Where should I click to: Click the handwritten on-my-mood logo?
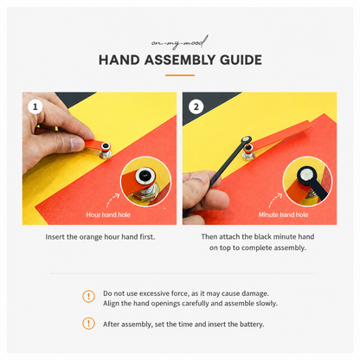tap(179, 42)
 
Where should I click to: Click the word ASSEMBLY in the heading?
tap(180, 60)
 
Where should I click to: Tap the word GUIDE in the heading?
tap(241, 60)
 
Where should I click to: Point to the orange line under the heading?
tap(180, 75)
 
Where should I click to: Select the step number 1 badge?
tap(35, 106)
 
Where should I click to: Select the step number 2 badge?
tap(196, 107)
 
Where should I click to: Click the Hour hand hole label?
tap(108, 215)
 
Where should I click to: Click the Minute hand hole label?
tap(283, 215)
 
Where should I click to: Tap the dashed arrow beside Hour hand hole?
tap(112, 200)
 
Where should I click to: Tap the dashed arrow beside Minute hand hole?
tap(275, 200)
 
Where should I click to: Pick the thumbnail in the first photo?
tap(77, 144)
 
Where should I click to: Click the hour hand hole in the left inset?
tap(144, 174)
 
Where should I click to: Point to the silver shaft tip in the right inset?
tap(305, 175)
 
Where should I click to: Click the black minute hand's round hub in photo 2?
tap(246, 140)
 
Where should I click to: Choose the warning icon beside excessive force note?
tap(88, 296)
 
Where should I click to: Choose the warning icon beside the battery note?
tap(88, 324)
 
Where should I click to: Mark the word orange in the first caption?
tap(89, 237)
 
